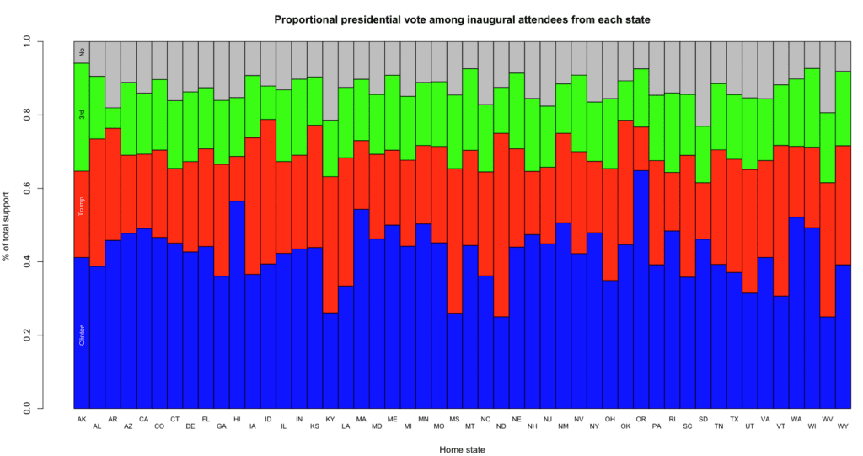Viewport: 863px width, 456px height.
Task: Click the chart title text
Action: (462, 19)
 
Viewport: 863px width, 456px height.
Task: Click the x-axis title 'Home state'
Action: (462, 449)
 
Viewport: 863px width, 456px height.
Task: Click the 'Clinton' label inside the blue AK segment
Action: (82, 330)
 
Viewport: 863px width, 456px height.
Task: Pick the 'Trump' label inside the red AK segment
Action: (82, 205)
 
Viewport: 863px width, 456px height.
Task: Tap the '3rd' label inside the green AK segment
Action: (82, 115)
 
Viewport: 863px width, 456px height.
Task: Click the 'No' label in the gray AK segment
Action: (82, 52)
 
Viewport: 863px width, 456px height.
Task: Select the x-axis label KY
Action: (330, 418)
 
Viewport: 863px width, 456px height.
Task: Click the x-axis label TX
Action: (734, 418)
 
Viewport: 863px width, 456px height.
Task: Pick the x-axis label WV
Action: (828, 418)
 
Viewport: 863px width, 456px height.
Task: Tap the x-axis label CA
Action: (144, 418)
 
